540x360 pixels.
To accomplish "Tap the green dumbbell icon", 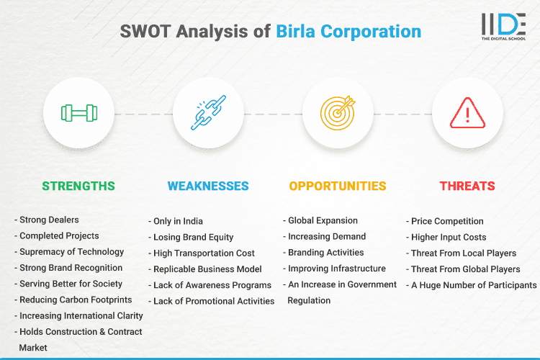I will click(78, 113).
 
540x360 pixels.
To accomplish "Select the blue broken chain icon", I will click(208, 113).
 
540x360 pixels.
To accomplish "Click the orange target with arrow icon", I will click(338, 113).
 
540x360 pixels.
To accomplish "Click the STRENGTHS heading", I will click(78, 186).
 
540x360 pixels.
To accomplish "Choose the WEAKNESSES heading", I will click(208, 186).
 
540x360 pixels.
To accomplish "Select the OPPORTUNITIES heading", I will click(338, 186).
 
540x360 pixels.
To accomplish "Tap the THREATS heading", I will click(467, 186).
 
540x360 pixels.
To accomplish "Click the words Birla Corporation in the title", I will click(348, 31).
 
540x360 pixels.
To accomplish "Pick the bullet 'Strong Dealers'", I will click(49, 220).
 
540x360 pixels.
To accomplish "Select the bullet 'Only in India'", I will click(178, 221).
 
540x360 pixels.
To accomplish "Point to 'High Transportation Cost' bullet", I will click(204, 253).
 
